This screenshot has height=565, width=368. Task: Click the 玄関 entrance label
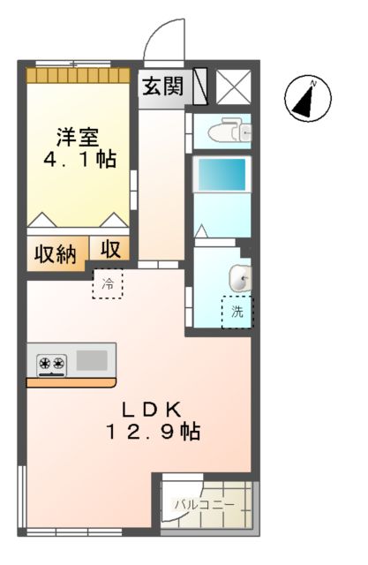pyautogui.click(x=163, y=87)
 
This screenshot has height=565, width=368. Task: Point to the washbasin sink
pyautogui.click(x=239, y=278)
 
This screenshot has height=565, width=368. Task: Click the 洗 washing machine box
pyautogui.click(x=237, y=311)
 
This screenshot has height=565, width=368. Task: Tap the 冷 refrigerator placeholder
pyautogui.click(x=108, y=284)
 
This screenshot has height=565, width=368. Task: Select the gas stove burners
pyautogui.click(x=51, y=362)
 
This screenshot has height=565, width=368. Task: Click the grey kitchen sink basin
pyautogui.click(x=92, y=360)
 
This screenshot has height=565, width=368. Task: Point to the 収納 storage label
pyautogui.click(x=55, y=254)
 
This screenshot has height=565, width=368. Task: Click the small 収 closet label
pyautogui.click(x=109, y=249)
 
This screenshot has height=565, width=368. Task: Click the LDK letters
pyautogui.click(x=151, y=409)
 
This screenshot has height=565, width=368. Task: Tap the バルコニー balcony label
pyautogui.click(x=204, y=506)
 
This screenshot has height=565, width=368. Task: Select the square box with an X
pyautogui.click(x=233, y=86)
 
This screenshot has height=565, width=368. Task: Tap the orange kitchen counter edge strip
pyautogui.click(x=71, y=382)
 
